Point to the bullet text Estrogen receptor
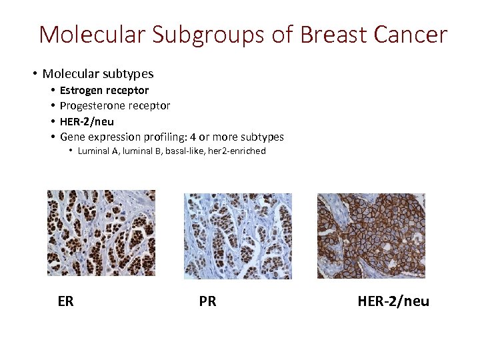click(x=104, y=90)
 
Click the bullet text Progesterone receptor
click(x=115, y=105)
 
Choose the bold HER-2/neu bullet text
click(x=87, y=121)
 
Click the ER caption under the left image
click(x=65, y=301)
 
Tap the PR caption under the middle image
click(x=207, y=301)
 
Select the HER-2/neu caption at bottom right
click(x=393, y=301)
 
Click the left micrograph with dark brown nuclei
click(x=101, y=233)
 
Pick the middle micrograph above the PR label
click(x=238, y=235)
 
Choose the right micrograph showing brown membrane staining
click(x=371, y=235)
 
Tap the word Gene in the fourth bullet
click(x=72, y=137)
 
